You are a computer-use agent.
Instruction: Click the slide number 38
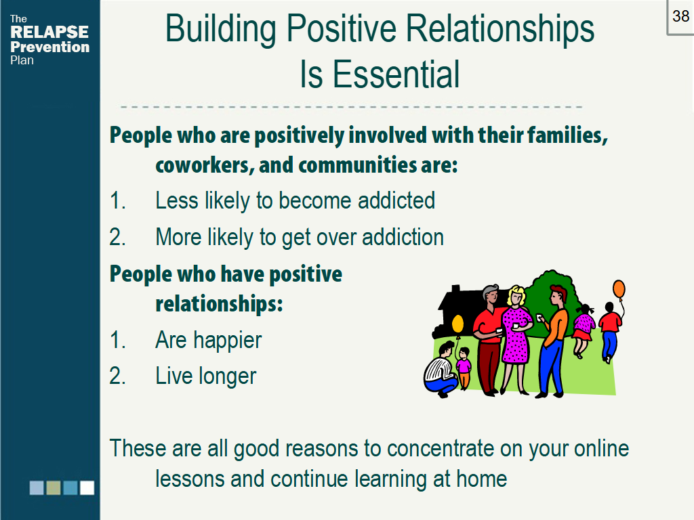[x=680, y=16]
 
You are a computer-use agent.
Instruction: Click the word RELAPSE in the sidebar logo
[x=49, y=32]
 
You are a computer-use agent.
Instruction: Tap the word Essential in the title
[x=396, y=74]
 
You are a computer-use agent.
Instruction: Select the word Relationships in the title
[x=499, y=29]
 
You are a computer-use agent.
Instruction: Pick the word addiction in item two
[x=403, y=237]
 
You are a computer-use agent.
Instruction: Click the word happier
[x=228, y=341]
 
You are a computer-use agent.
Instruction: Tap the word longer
[x=228, y=376]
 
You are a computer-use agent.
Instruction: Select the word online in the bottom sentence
[x=602, y=448]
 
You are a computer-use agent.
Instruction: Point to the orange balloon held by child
[x=619, y=288]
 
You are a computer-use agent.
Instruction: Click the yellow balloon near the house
[x=457, y=324]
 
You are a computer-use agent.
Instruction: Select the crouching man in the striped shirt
[x=441, y=370]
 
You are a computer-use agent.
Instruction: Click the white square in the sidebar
[x=87, y=487]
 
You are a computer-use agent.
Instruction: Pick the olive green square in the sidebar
[x=54, y=487]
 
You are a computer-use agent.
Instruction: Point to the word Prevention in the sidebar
[x=49, y=47]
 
